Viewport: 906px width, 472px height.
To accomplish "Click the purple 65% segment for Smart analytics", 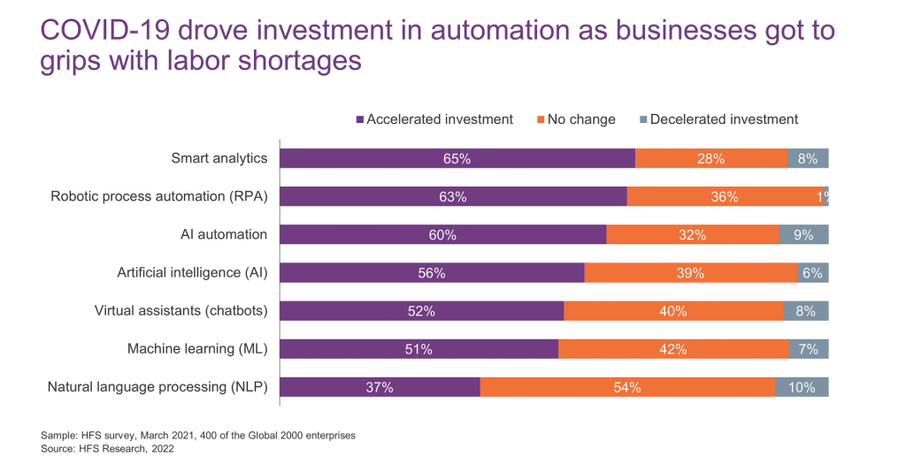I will tap(457, 159).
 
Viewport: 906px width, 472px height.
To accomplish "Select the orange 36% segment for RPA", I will tap(724, 197).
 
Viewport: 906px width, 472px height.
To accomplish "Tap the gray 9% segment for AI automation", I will tap(803, 235).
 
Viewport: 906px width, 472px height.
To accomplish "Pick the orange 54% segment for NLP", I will tap(626, 387).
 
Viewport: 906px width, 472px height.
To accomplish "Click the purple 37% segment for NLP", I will tap(380, 387).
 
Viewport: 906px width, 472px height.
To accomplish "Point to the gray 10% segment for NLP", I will tap(802, 387).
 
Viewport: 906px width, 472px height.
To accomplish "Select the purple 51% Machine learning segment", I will tap(419, 349).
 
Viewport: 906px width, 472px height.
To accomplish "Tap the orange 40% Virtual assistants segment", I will tap(673, 311).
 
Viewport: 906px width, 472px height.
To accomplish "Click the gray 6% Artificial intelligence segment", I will tap(813, 273).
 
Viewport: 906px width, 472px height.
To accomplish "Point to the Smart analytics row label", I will tap(219, 159).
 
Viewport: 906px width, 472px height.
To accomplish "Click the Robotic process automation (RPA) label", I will tap(159, 197).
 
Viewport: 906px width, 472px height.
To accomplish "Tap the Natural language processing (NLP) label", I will tap(157, 387).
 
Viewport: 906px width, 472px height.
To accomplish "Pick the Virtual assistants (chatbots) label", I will tap(180, 311).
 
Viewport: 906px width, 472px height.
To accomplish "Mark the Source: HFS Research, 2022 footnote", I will tap(107, 449).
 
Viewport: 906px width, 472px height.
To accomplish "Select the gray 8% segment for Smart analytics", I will tap(808, 159).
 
